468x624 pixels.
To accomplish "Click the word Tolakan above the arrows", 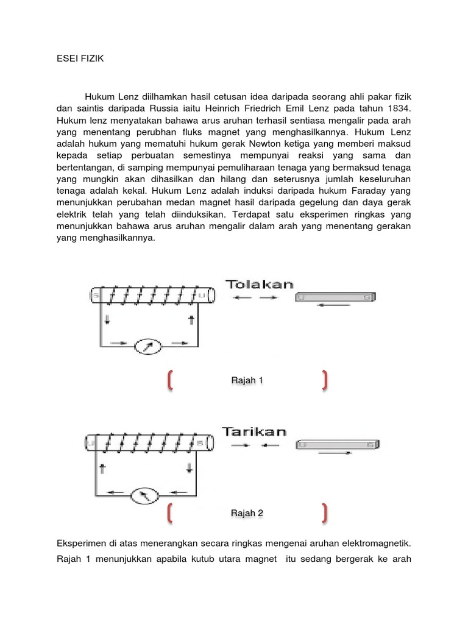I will (x=260, y=284).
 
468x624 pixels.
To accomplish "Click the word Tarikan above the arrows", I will (x=254, y=431).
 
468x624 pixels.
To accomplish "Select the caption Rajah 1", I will (x=247, y=380).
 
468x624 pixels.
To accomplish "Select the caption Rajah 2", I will (x=247, y=513).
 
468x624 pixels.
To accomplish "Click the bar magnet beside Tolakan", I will (x=335, y=297).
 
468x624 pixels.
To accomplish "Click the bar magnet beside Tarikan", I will (x=338, y=445).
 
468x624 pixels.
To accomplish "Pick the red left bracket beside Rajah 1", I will (x=169, y=380).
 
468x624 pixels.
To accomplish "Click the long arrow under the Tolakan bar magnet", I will (x=335, y=305).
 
